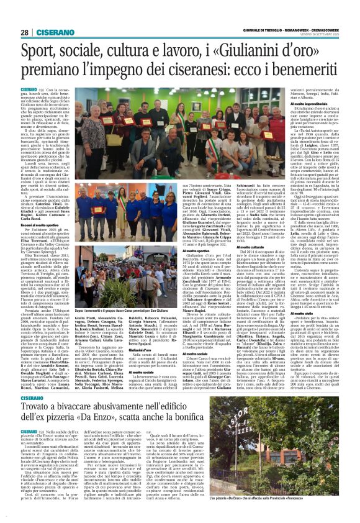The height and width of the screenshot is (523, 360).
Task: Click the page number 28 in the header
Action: (x=24, y=33)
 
